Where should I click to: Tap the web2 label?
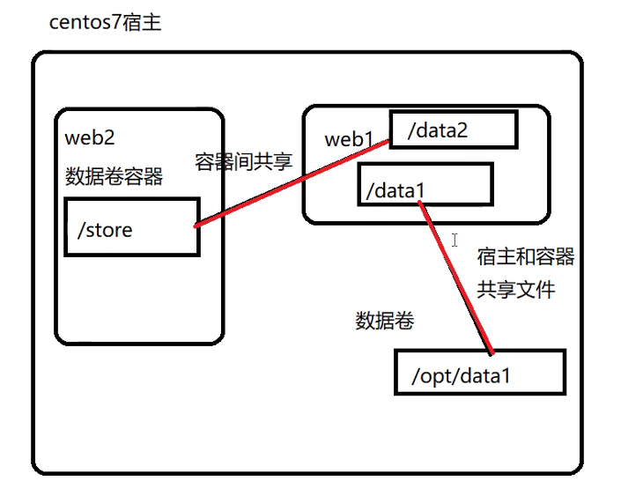tap(90, 138)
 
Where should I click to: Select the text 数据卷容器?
tap(114, 176)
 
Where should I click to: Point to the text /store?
tap(105, 231)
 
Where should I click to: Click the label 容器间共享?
tap(243, 161)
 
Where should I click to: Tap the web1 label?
tap(350, 139)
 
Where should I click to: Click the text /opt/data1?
tap(461, 377)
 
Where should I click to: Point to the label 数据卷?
tap(385, 321)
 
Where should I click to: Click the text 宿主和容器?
tap(526, 256)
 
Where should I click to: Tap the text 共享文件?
tap(516, 289)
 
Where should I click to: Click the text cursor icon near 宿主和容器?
tap(455, 240)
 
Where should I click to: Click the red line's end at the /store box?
tap(196, 226)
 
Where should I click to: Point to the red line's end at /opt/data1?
tap(490, 351)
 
